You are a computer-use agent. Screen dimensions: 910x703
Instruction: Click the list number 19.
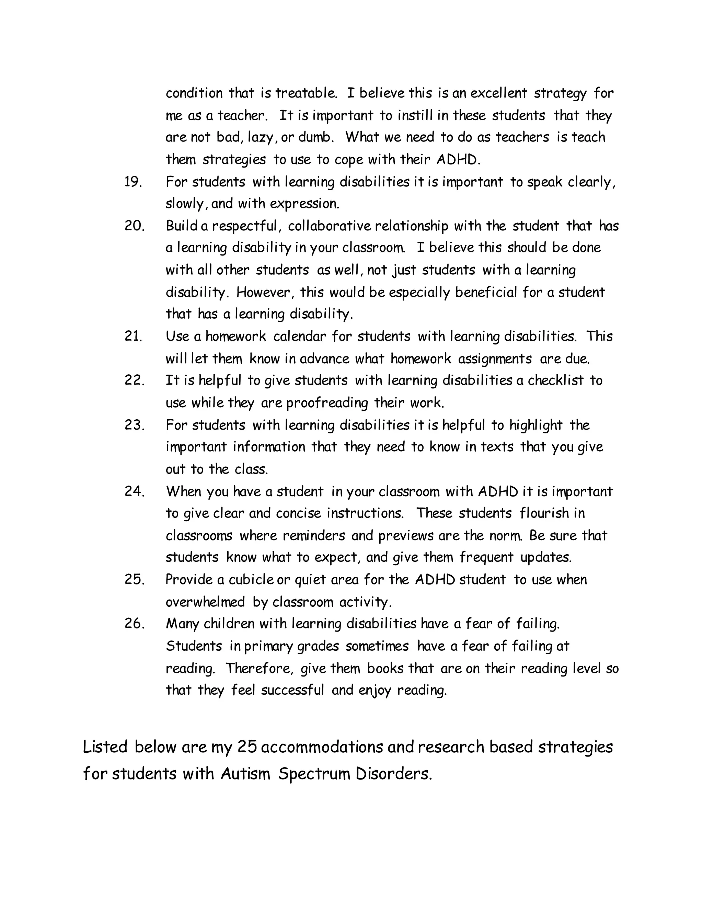[x=133, y=182]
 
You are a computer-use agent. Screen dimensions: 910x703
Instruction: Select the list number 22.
[x=134, y=380]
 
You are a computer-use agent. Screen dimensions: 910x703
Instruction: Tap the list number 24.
[x=134, y=491]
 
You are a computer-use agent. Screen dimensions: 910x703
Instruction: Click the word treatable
[x=306, y=93]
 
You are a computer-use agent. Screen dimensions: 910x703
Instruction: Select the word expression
[x=304, y=204]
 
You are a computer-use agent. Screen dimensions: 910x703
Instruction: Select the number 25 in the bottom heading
[x=246, y=747]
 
